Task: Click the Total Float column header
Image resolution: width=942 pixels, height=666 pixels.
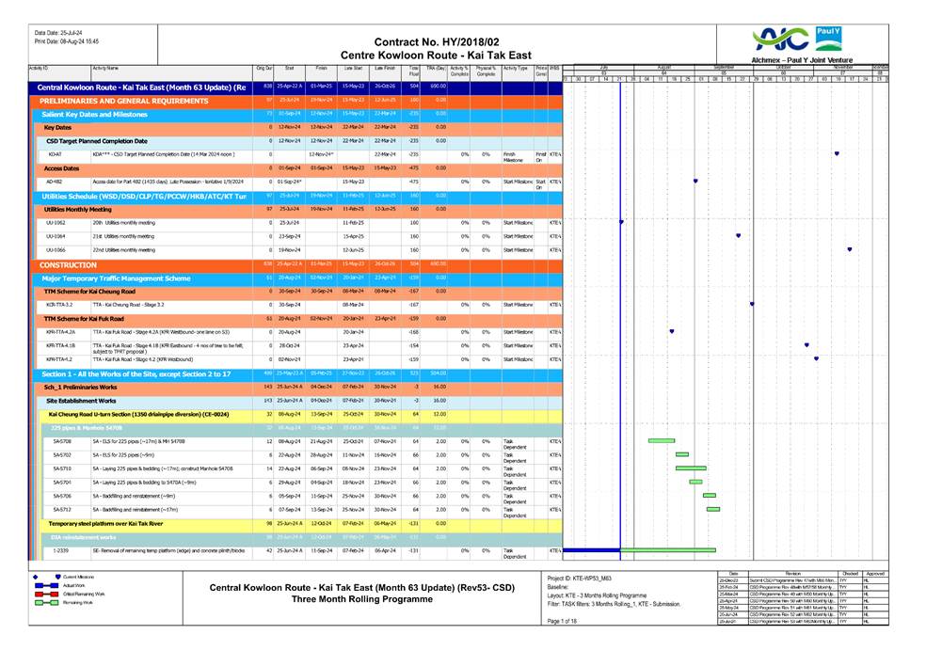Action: (414, 71)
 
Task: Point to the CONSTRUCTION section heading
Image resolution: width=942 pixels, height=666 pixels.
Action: (63, 265)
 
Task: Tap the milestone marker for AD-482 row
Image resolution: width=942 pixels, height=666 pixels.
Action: (695, 182)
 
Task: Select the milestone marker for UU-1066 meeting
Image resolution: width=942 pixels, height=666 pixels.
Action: (850, 250)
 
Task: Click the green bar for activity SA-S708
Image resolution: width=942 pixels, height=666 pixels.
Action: (662, 440)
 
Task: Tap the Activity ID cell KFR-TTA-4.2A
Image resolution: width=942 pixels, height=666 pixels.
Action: (60, 332)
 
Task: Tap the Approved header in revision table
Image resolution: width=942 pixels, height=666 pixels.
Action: (874, 572)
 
